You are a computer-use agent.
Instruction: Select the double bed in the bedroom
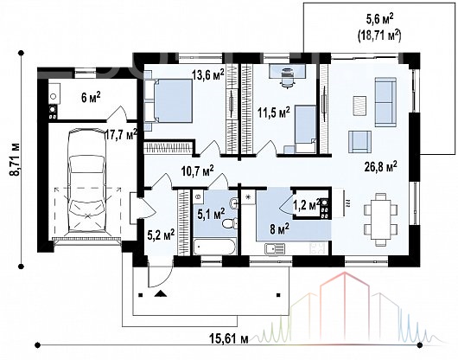[x=169, y=100]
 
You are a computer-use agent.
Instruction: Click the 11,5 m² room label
[x=274, y=112]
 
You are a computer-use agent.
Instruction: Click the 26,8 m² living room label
[x=381, y=167]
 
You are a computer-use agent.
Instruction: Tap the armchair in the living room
[x=359, y=142]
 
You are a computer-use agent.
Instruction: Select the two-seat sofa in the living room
[x=385, y=102]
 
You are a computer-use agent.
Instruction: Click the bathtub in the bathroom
[x=214, y=247]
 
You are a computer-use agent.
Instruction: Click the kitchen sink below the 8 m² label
[x=275, y=248]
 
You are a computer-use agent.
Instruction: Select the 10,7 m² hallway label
[x=197, y=170]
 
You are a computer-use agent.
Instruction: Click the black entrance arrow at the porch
[x=160, y=293]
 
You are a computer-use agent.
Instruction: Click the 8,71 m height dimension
[x=15, y=159]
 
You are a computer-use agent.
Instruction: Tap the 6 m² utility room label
[x=91, y=98]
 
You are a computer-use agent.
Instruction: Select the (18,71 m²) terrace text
[x=379, y=36]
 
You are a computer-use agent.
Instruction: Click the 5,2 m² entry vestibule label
[x=161, y=235]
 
